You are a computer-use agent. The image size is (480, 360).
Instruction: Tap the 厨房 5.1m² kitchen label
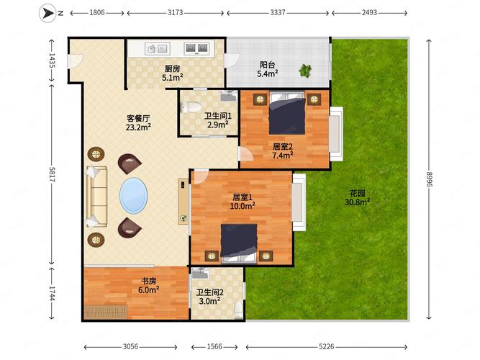(x=171, y=73)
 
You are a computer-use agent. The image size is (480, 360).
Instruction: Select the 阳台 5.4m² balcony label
(x=268, y=69)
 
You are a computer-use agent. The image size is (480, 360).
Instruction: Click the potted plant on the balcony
(x=306, y=71)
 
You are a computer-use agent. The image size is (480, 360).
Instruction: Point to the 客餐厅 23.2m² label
(x=138, y=122)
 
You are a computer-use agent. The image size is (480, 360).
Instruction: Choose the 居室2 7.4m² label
(x=282, y=150)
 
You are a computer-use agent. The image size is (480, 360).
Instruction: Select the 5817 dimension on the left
(x=52, y=179)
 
